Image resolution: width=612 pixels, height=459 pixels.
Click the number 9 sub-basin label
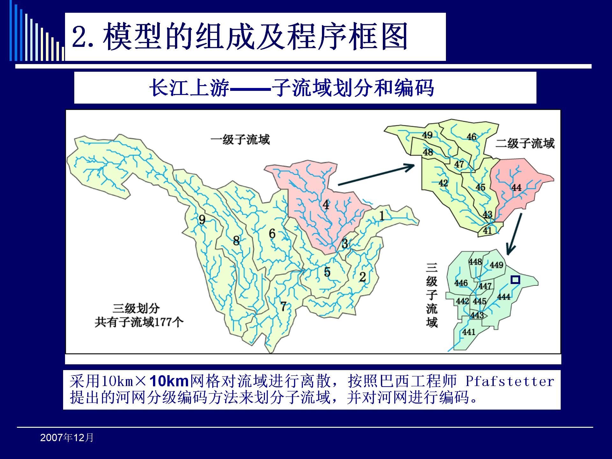202,220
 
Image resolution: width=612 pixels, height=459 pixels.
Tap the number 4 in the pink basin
325,204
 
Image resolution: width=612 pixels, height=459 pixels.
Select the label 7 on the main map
283,306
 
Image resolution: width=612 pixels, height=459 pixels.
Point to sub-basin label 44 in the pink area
516,187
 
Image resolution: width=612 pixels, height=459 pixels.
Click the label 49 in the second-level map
427,135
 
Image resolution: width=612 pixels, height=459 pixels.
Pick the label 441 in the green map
469,332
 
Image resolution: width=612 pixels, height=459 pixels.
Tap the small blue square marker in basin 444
515,280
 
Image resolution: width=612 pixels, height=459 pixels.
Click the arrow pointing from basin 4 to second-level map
376,175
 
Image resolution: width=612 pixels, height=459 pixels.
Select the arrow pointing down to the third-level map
514,234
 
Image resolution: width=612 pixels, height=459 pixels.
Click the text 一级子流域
240,140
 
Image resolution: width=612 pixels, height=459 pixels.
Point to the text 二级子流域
525,143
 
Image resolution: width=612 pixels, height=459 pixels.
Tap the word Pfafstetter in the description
510,381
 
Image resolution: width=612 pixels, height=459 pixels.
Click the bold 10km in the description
169,381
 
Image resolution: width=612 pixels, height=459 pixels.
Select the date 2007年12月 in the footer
67,438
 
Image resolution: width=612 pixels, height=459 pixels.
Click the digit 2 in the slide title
79,37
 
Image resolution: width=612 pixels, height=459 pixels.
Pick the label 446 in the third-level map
461,283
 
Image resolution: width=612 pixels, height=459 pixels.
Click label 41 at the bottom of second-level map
487,230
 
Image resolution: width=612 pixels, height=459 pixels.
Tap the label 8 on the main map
236,240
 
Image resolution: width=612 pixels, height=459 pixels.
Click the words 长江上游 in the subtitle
189,88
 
